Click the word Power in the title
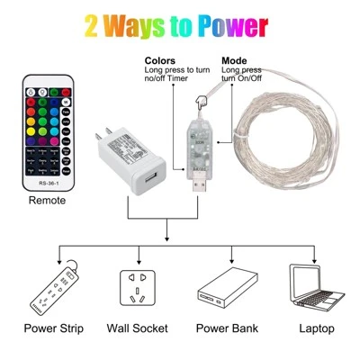click(x=227, y=25)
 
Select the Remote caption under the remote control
click(x=47, y=200)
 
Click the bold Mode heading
click(x=236, y=60)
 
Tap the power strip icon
click(x=54, y=287)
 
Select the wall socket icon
click(x=138, y=287)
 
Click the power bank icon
click(x=223, y=287)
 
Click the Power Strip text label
click(x=54, y=328)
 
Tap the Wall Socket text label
click(x=138, y=328)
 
